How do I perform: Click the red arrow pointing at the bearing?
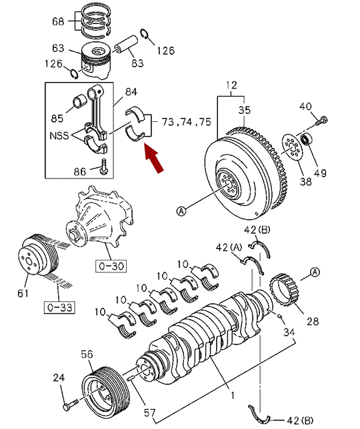pos(153,159)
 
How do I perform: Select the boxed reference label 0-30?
pos(111,266)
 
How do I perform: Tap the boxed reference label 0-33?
pos(59,307)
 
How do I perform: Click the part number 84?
pos(131,92)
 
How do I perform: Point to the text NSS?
pos(59,136)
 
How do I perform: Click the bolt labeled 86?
pos(104,167)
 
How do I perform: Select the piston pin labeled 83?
pos(126,45)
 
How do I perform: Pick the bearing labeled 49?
pos(307,139)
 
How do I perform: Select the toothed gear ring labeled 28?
pos(284,290)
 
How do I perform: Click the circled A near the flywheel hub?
pos(181,211)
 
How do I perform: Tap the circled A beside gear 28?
pos(315,272)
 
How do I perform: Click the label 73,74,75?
pos(187,122)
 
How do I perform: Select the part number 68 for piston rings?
pos(58,21)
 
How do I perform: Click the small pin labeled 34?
pos(280,316)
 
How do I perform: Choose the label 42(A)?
pos(229,248)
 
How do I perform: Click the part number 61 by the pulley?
pos(23,293)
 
